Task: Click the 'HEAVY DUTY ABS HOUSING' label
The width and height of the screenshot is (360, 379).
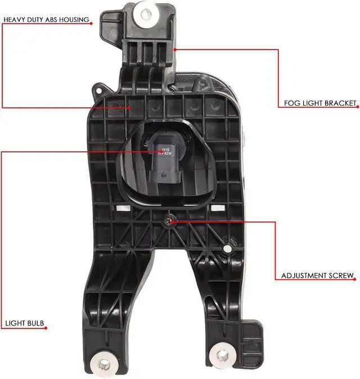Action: click(46, 20)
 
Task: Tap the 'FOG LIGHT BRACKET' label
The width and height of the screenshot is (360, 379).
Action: click(317, 103)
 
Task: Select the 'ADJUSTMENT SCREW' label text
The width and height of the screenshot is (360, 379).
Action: click(317, 276)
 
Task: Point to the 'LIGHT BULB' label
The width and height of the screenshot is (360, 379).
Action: click(24, 324)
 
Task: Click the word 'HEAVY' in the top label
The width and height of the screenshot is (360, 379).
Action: click(14, 20)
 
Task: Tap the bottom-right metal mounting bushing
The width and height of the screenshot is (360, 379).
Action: click(223, 355)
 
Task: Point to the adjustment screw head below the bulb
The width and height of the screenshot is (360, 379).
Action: click(169, 222)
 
